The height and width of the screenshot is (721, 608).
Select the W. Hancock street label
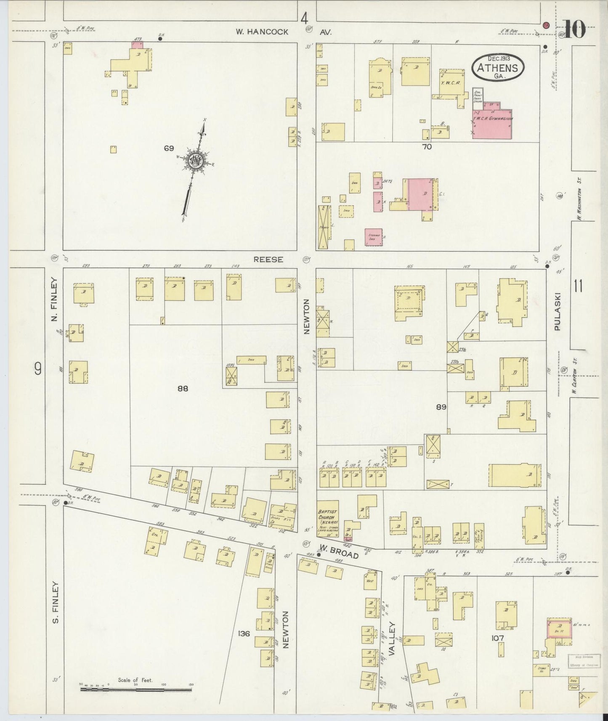tap(262, 32)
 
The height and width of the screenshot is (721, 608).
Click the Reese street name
tap(268, 260)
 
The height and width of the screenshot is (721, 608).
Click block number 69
tap(169, 148)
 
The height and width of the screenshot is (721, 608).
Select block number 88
tap(182, 389)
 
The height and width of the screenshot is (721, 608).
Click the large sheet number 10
tap(574, 30)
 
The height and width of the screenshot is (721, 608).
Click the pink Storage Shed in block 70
tap(373, 237)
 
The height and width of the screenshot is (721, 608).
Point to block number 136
tap(244, 644)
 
